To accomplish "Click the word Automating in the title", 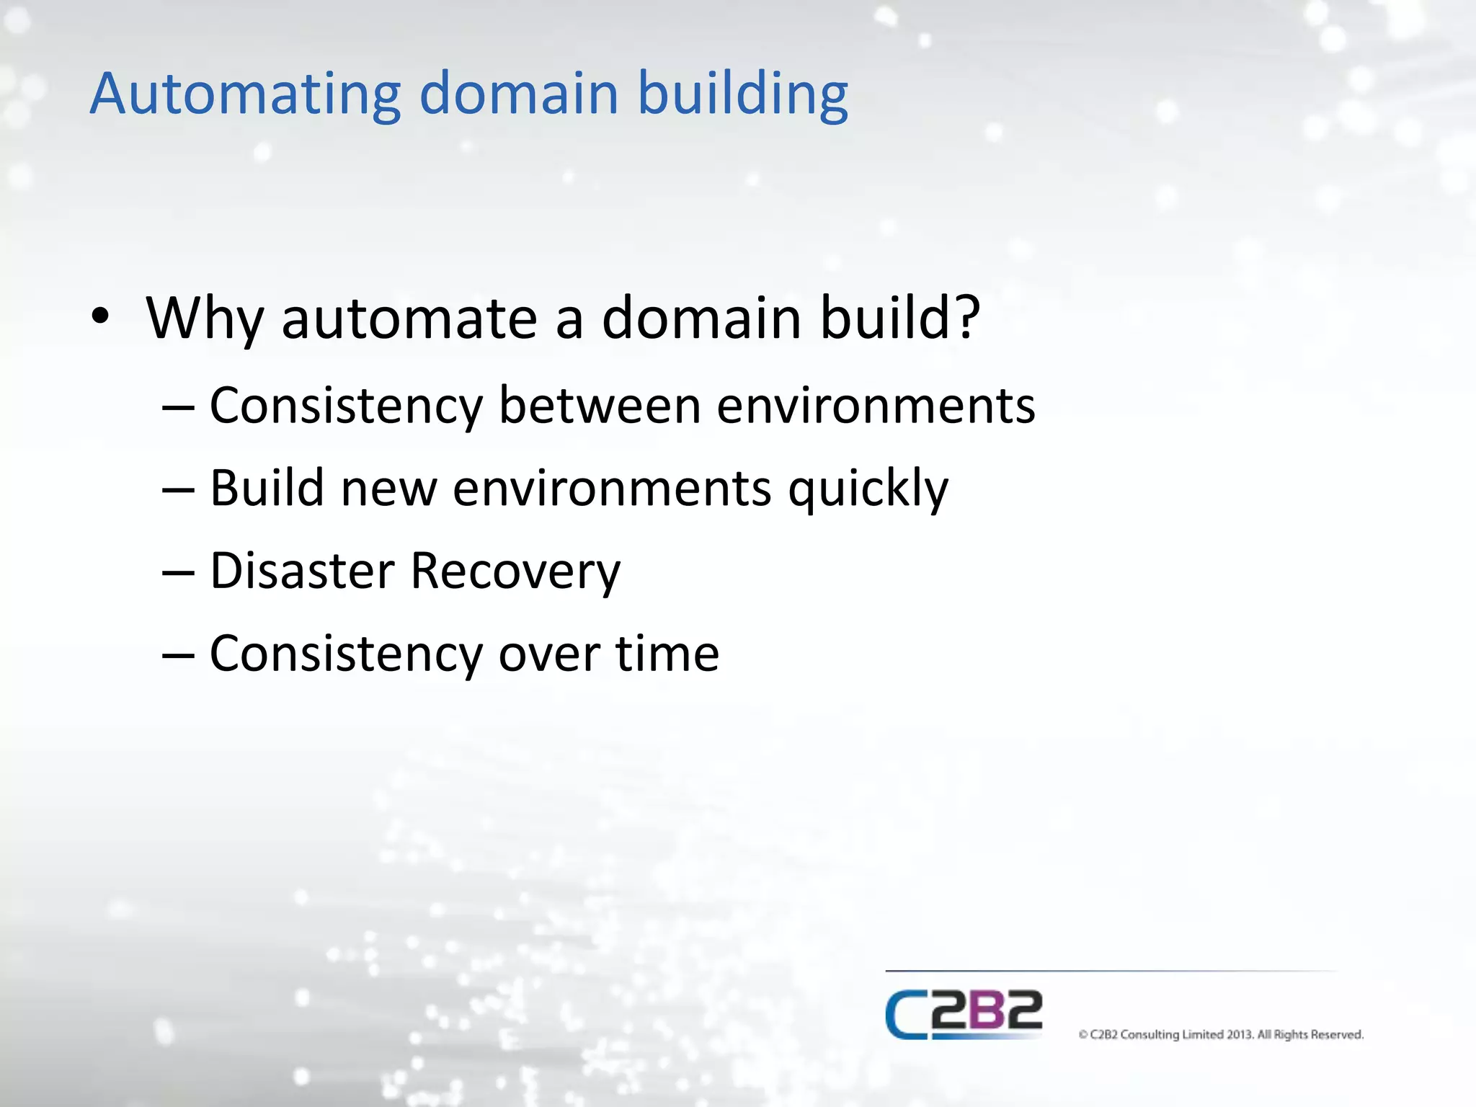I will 245,94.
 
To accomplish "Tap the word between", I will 600,406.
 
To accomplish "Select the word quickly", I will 868,489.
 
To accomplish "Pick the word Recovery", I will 515,571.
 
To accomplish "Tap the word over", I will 549,654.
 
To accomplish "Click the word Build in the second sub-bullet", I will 267,489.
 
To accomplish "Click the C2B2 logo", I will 964,1015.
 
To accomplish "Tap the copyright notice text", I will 1221,1035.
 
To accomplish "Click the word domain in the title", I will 519,94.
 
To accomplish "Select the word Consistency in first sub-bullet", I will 346,406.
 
